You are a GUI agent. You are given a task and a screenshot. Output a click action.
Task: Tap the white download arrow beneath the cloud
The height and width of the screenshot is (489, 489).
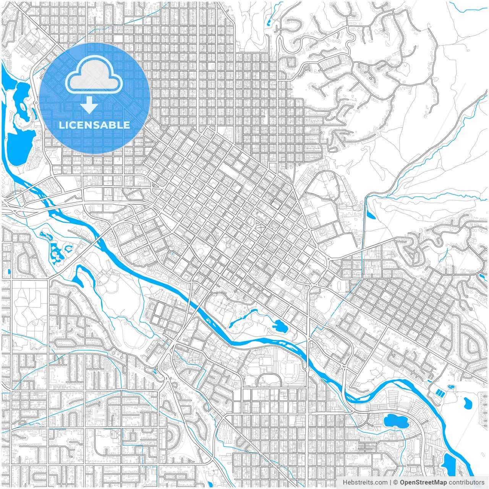[89, 105]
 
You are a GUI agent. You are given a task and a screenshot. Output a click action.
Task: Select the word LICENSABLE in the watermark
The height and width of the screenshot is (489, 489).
[94, 125]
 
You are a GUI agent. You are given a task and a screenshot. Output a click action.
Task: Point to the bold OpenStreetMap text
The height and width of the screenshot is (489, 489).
[423, 483]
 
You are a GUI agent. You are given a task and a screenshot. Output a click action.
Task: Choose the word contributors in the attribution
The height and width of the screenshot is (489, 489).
[466, 483]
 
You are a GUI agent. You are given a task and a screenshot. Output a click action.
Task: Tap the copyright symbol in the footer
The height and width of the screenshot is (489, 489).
[396, 483]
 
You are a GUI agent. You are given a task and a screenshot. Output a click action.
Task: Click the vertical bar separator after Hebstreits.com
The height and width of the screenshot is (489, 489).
[390, 483]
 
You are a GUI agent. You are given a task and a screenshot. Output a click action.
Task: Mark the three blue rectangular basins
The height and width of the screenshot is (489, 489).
[440, 393]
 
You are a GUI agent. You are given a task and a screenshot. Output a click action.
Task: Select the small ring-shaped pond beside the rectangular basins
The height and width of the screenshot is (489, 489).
[451, 387]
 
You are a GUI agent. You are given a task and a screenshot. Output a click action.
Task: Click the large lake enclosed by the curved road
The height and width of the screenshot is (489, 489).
[395, 421]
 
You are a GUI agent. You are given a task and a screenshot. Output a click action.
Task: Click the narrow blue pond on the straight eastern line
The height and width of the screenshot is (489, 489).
[370, 212]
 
